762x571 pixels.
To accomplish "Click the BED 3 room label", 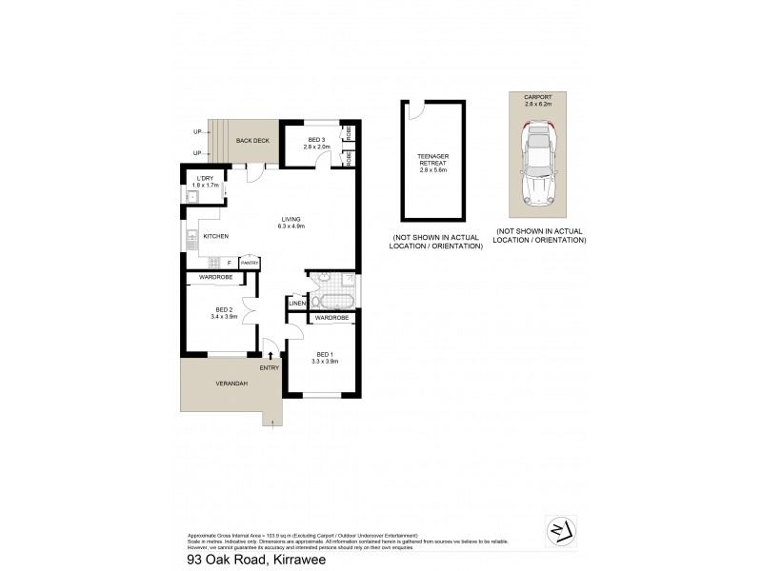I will [x=317, y=140].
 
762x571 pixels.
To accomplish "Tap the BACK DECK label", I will [x=254, y=141].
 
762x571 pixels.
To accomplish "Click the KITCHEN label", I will [x=215, y=236].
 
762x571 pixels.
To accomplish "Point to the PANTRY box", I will [x=250, y=262].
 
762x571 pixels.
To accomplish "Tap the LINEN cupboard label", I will [x=296, y=304].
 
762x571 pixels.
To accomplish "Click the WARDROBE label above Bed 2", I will [x=216, y=277].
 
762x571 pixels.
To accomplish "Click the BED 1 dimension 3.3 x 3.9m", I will [x=326, y=362].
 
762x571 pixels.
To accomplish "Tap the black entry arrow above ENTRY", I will [x=271, y=354].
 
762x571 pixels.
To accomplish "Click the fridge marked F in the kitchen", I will [x=229, y=262].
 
